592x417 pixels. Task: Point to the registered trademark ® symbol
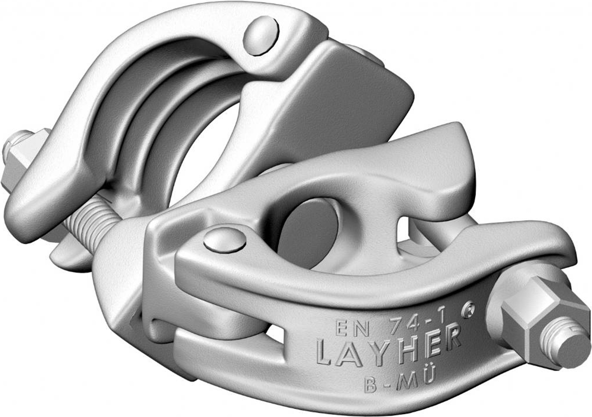coord(468,308)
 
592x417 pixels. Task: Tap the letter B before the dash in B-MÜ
coord(370,384)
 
